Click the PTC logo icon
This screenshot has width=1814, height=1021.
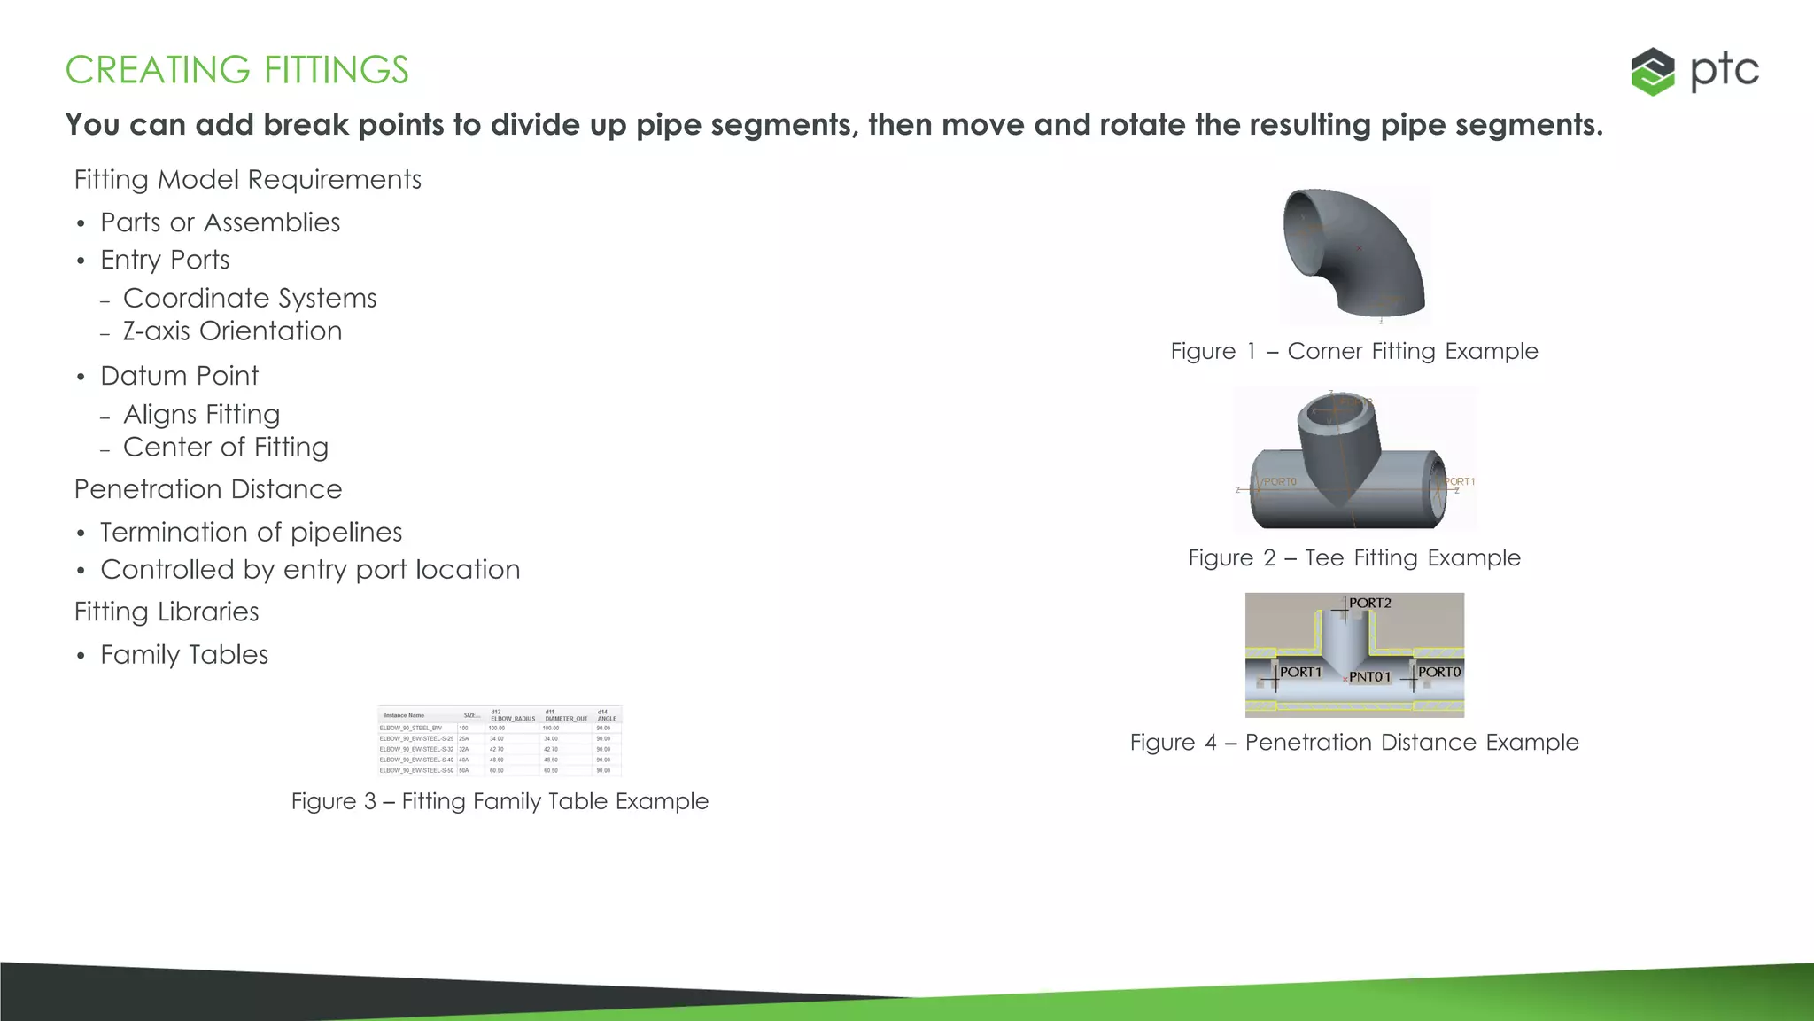[1652, 71]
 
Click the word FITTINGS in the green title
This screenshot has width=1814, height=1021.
[336, 70]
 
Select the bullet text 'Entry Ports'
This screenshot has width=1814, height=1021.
[165, 260]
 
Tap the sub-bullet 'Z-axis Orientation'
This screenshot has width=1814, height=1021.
[232, 331]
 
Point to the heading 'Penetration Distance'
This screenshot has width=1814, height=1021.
[208, 489]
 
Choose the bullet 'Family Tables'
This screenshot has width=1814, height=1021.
[184, 655]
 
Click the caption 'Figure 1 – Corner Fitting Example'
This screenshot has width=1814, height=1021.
[1353, 351]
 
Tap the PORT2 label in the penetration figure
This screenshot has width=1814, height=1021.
[1369, 603]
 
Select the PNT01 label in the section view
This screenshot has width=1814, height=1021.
[1369, 677]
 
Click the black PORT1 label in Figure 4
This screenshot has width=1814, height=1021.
[1300, 673]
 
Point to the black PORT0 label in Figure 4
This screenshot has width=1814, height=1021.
[1438, 673]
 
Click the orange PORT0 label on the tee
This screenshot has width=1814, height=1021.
[1280, 482]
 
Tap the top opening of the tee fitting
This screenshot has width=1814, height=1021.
[1337, 409]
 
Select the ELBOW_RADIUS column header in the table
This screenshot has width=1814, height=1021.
[513, 719]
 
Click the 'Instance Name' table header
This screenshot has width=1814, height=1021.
[404, 715]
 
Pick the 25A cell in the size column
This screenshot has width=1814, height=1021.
[463, 738]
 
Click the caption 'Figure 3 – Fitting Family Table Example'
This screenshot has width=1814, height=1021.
[500, 801]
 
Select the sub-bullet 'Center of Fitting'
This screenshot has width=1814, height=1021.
[225, 448]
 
